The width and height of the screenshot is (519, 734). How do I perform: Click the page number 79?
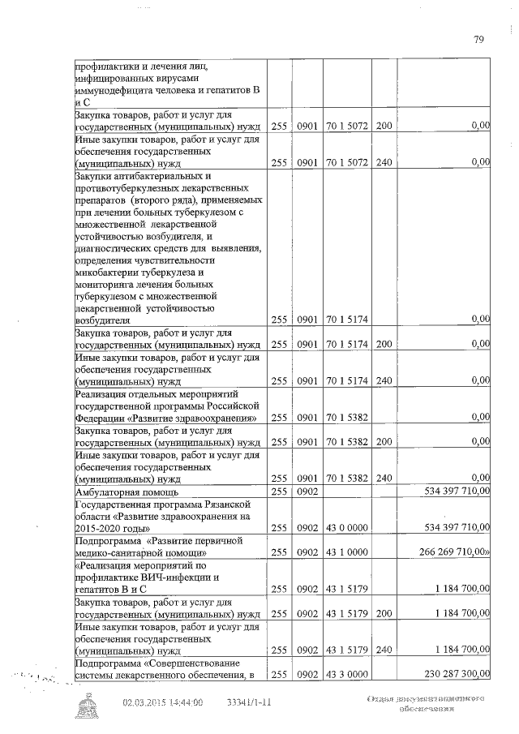pyautogui.click(x=479, y=39)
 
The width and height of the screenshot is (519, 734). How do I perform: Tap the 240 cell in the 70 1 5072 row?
pyautogui.click(x=384, y=162)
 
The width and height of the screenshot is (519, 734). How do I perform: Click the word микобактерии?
pyautogui.click(x=107, y=273)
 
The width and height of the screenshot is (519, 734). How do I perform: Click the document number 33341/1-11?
pyautogui.click(x=249, y=703)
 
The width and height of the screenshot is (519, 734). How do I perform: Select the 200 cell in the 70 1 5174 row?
pyautogui.click(x=384, y=345)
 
